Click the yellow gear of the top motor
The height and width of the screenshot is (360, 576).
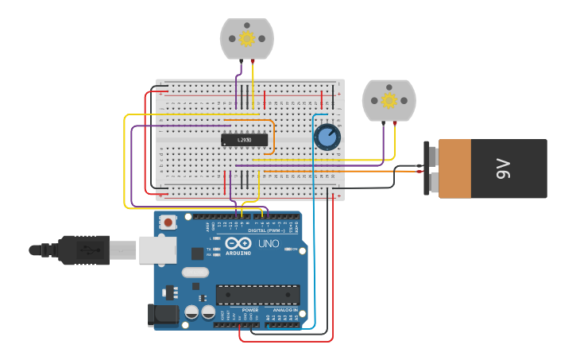pos(246,38)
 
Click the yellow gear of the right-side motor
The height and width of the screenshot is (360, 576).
pos(389,100)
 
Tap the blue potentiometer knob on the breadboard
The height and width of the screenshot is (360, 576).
pos(327,137)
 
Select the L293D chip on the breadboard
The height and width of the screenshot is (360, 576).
pos(244,140)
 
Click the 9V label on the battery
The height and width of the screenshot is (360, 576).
pos(502,168)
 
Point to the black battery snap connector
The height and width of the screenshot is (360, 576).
pos(430,168)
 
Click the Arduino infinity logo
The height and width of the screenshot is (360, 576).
pos(238,244)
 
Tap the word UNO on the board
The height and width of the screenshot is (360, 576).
pos(269,243)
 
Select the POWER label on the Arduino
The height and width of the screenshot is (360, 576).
pos(239,310)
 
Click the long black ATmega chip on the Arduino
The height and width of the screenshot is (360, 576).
pos(257,294)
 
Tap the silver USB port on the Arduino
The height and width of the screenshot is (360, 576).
pos(157,250)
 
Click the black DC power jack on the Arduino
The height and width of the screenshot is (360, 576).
pos(163,315)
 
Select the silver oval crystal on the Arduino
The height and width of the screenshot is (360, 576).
pos(195,272)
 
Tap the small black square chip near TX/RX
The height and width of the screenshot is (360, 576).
pos(197,254)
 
